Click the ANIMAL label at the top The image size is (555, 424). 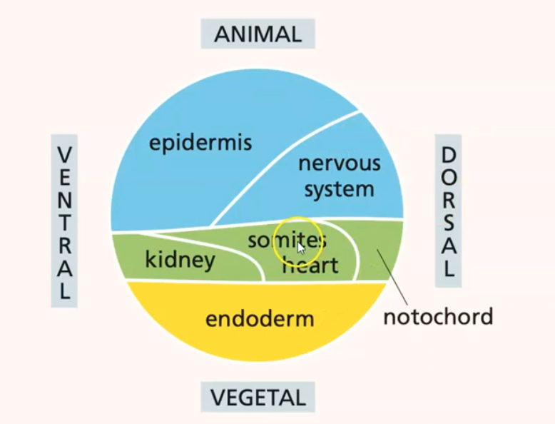click(258, 34)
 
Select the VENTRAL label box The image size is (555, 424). click(64, 222)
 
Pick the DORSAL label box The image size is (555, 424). click(448, 211)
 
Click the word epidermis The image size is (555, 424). click(200, 143)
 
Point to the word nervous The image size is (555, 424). click(339, 163)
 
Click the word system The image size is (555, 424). click(339, 189)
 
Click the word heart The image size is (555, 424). click(310, 266)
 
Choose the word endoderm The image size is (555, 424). click(260, 318)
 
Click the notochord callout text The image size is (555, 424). click(438, 316)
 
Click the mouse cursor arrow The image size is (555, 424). click(301, 248)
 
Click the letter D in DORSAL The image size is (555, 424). click(448, 155)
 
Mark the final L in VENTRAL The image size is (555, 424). click(64, 291)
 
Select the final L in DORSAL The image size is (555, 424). click(448, 269)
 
